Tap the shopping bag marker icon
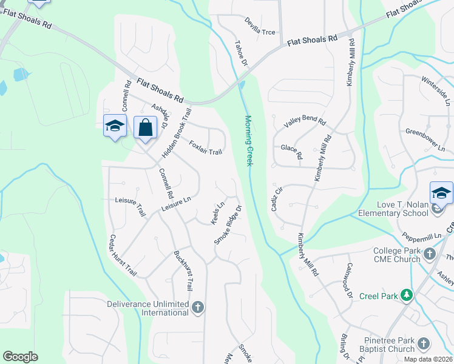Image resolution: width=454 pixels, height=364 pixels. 144,127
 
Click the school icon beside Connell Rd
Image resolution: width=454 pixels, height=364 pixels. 115,126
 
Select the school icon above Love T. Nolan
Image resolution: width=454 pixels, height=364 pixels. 441,194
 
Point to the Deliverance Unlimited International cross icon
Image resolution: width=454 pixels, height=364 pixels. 197,308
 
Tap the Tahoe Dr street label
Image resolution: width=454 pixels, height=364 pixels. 242,53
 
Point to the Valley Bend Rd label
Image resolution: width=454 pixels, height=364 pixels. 305,121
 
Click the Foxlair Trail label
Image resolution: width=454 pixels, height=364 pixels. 206,147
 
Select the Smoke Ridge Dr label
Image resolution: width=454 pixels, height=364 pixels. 228,225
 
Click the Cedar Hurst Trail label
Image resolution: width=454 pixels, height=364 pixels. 123,255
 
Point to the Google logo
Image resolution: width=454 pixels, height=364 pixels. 21,357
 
